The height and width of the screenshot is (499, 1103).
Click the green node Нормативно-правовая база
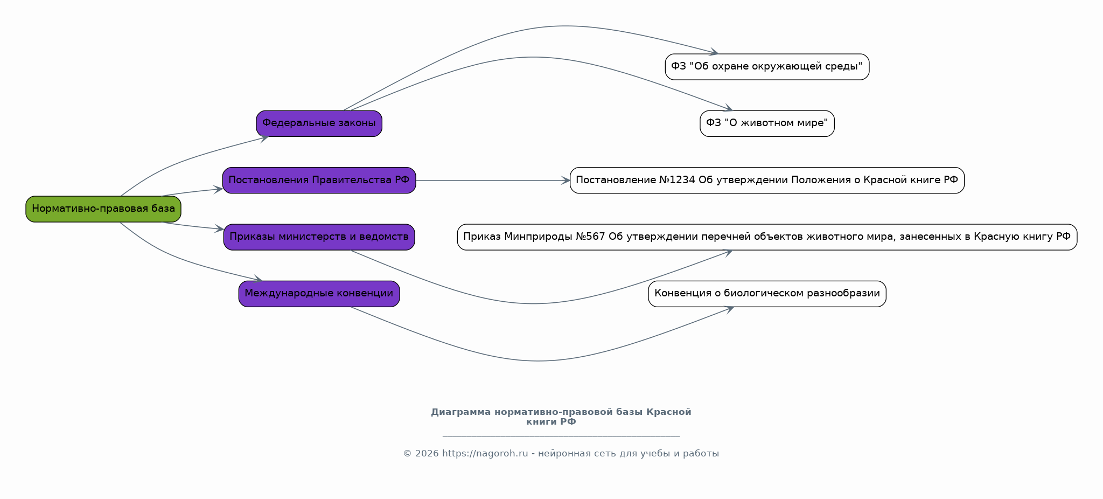click(x=103, y=209)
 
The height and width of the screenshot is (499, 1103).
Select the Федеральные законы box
click(x=319, y=123)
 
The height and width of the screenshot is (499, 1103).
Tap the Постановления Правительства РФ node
click(x=319, y=181)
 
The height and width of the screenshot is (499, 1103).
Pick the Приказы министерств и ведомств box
click(x=319, y=237)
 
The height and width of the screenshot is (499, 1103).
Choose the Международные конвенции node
click(x=319, y=294)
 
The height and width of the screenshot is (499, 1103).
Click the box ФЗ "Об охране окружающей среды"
click(x=767, y=67)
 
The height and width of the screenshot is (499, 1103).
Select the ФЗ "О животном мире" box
click(x=767, y=123)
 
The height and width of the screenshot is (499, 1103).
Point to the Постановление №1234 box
click(x=767, y=181)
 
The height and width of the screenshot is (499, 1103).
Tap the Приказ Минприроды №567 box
click(x=767, y=237)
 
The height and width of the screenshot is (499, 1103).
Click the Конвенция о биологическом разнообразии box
click(x=767, y=294)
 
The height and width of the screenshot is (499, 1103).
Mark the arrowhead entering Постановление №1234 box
click(x=566, y=181)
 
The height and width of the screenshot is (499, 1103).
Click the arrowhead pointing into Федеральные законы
click(x=264, y=138)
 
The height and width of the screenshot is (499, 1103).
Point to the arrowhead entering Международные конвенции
click(x=258, y=279)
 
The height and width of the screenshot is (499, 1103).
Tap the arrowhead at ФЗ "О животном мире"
click(x=728, y=108)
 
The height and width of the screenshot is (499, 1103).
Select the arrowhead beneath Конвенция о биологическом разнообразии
click(x=729, y=309)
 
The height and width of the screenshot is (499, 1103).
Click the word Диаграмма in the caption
click(x=461, y=412)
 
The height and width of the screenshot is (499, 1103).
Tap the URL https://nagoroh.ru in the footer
click(x=485, y=454)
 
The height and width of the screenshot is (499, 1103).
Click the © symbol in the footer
click(x=408, y=454)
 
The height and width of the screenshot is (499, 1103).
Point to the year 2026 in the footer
click(x=427, y=454)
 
